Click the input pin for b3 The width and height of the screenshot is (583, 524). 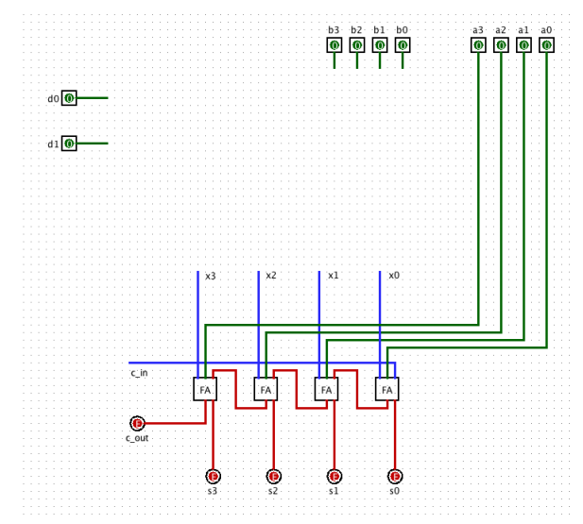(x=334, y=45)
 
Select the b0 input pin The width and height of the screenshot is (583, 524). (x=403, y=45)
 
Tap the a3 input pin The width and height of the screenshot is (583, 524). (x=478, y=45)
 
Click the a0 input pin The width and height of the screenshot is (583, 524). (x=546, y=45)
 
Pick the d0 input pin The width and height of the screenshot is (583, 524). (x=69, y=98)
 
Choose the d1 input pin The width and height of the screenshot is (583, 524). (x=69, y=144)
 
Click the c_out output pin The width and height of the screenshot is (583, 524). (x=137, y=423)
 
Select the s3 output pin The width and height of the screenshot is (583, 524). (x=213, y=476)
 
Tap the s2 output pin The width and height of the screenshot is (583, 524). (x=274, y=476)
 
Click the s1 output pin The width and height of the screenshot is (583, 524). (x=334, y=476)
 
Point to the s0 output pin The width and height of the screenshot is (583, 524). (x=395, y=476)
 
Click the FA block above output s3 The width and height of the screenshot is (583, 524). (x=205, y=389)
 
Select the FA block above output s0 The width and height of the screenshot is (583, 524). (x=386, y=389)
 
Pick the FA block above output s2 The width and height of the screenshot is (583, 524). (x=266, y=389)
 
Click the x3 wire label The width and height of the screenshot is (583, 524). (x=211, y=277)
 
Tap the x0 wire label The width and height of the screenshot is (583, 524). (x=394, y=276)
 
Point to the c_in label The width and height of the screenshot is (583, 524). (x=139, y=373)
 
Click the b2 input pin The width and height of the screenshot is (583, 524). (x=356, y=45)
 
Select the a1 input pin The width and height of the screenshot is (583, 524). (x=523, y=45)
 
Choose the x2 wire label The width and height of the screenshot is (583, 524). (x=271, y=276)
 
